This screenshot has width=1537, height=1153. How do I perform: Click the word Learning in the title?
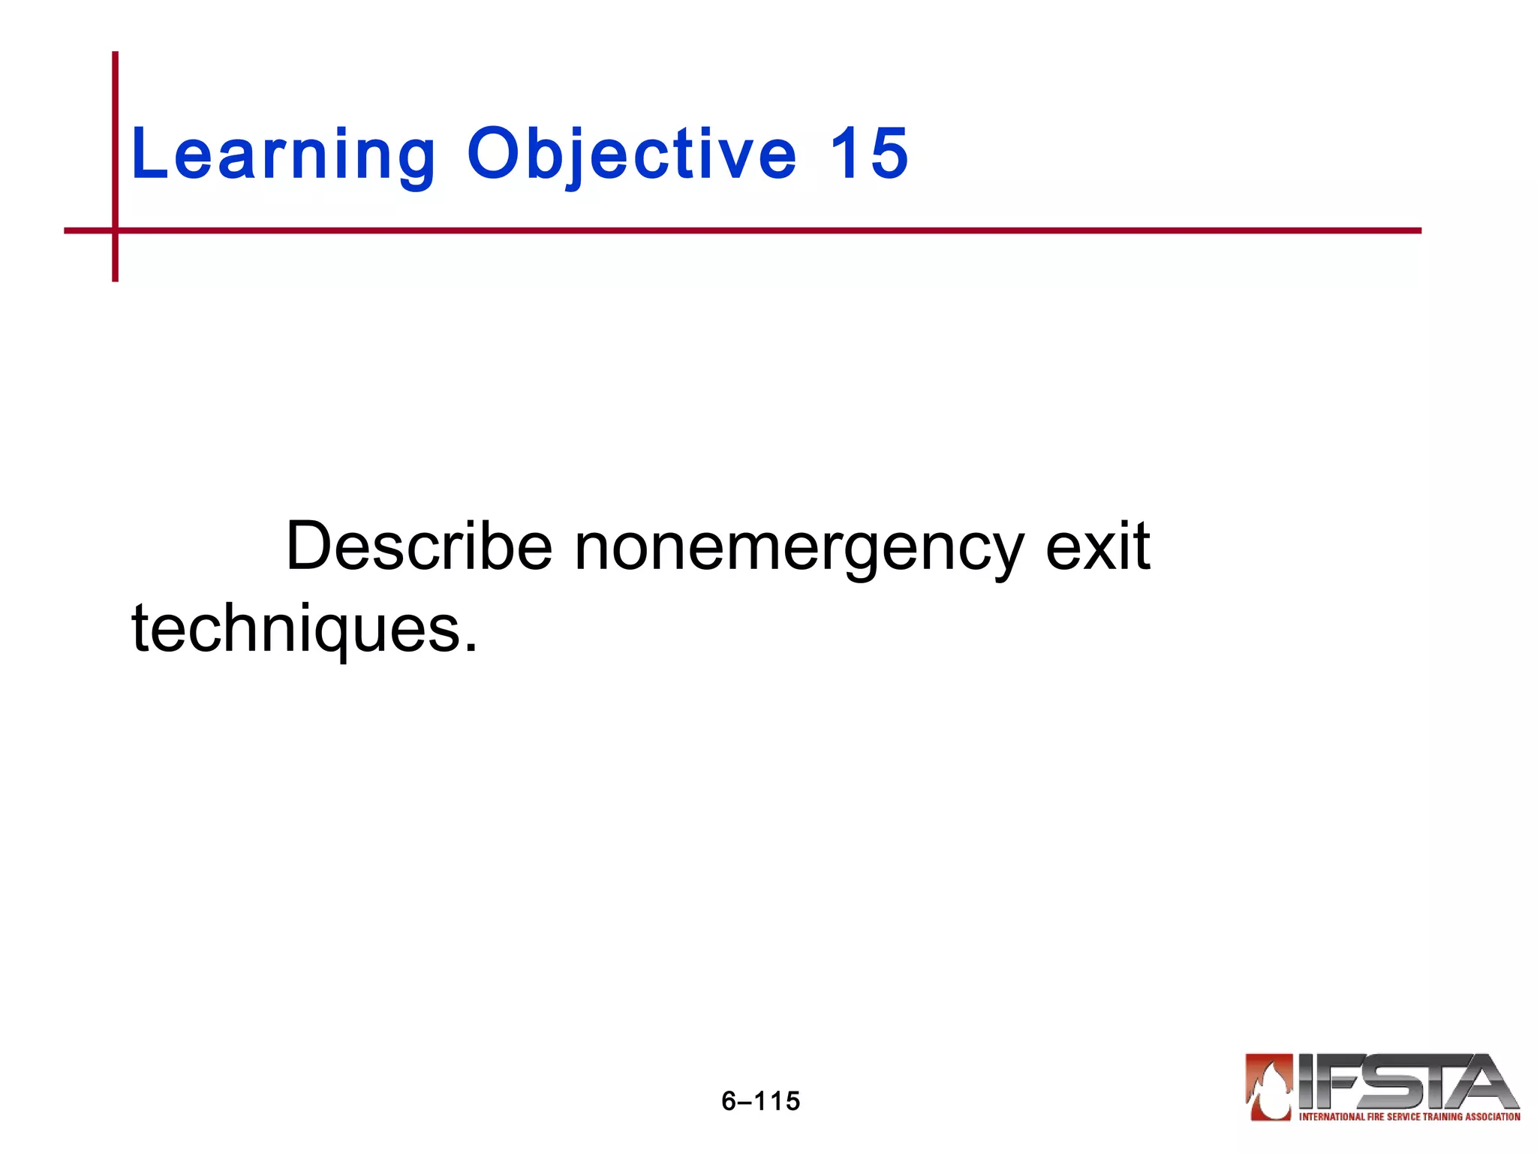(x=283, y=154)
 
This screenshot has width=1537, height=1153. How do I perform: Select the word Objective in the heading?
(x=631, y=154)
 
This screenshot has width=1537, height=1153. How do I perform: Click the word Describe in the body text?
(x=419, y=546)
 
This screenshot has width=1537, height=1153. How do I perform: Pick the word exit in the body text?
(x=1097, y=546)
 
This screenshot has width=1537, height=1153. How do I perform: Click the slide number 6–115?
(x=760, y=1101)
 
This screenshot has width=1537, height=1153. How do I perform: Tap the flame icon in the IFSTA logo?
(x=1269, y=1085)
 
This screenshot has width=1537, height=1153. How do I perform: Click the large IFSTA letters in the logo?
(x=1403, y=1081)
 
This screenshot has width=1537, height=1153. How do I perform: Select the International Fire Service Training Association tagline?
(x=1409, y=1117)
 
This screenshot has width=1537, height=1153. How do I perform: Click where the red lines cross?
(x=116, y=230)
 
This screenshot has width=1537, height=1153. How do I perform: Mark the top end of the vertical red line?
(x=116, y=54)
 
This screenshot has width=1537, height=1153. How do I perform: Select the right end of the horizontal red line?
(x=1419, y=230)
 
